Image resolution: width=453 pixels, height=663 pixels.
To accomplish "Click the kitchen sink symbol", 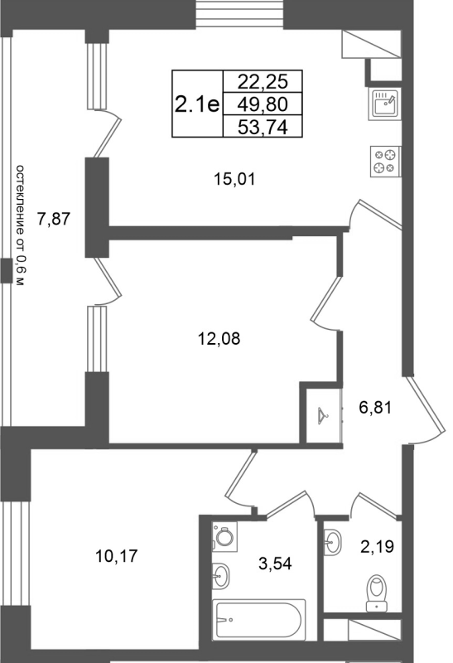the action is click(384, 104).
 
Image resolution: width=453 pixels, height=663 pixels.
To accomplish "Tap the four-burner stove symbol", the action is click(386, 161).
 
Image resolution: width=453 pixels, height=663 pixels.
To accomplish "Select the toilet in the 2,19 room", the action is click(377, 593).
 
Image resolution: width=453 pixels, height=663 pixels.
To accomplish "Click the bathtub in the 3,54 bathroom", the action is click(258, 620).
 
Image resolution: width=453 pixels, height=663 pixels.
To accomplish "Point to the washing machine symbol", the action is click(224, 536).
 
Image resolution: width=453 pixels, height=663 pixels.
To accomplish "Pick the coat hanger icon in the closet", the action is click(323, 416).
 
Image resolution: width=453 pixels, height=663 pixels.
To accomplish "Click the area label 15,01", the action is click(234, 180).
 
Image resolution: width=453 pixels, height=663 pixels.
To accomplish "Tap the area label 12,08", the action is click(219, 339).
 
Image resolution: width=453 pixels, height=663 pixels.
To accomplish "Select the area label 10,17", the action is click(117, 556).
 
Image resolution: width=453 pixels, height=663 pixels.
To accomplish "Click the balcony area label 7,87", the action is click(54, 219).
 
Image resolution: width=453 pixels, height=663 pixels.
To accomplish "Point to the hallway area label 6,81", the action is click(375, 408).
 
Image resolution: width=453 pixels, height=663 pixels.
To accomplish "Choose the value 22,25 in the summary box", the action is click(263, 81).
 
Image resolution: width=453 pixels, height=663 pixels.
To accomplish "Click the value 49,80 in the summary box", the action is click(263, 104).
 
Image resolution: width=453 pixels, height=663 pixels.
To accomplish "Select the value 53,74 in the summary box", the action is click(263, 127).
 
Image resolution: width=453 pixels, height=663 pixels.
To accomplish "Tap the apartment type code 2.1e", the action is click(197, 104).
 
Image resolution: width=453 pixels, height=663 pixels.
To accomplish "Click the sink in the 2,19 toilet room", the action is click(333, 541).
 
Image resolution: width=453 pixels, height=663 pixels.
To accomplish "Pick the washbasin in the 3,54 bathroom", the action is click(220, 575).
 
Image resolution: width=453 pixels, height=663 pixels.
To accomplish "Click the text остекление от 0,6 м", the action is click(20, 225).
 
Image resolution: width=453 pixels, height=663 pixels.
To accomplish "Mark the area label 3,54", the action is click(275, 564).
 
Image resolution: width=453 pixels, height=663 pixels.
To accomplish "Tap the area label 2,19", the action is click(378, 547).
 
